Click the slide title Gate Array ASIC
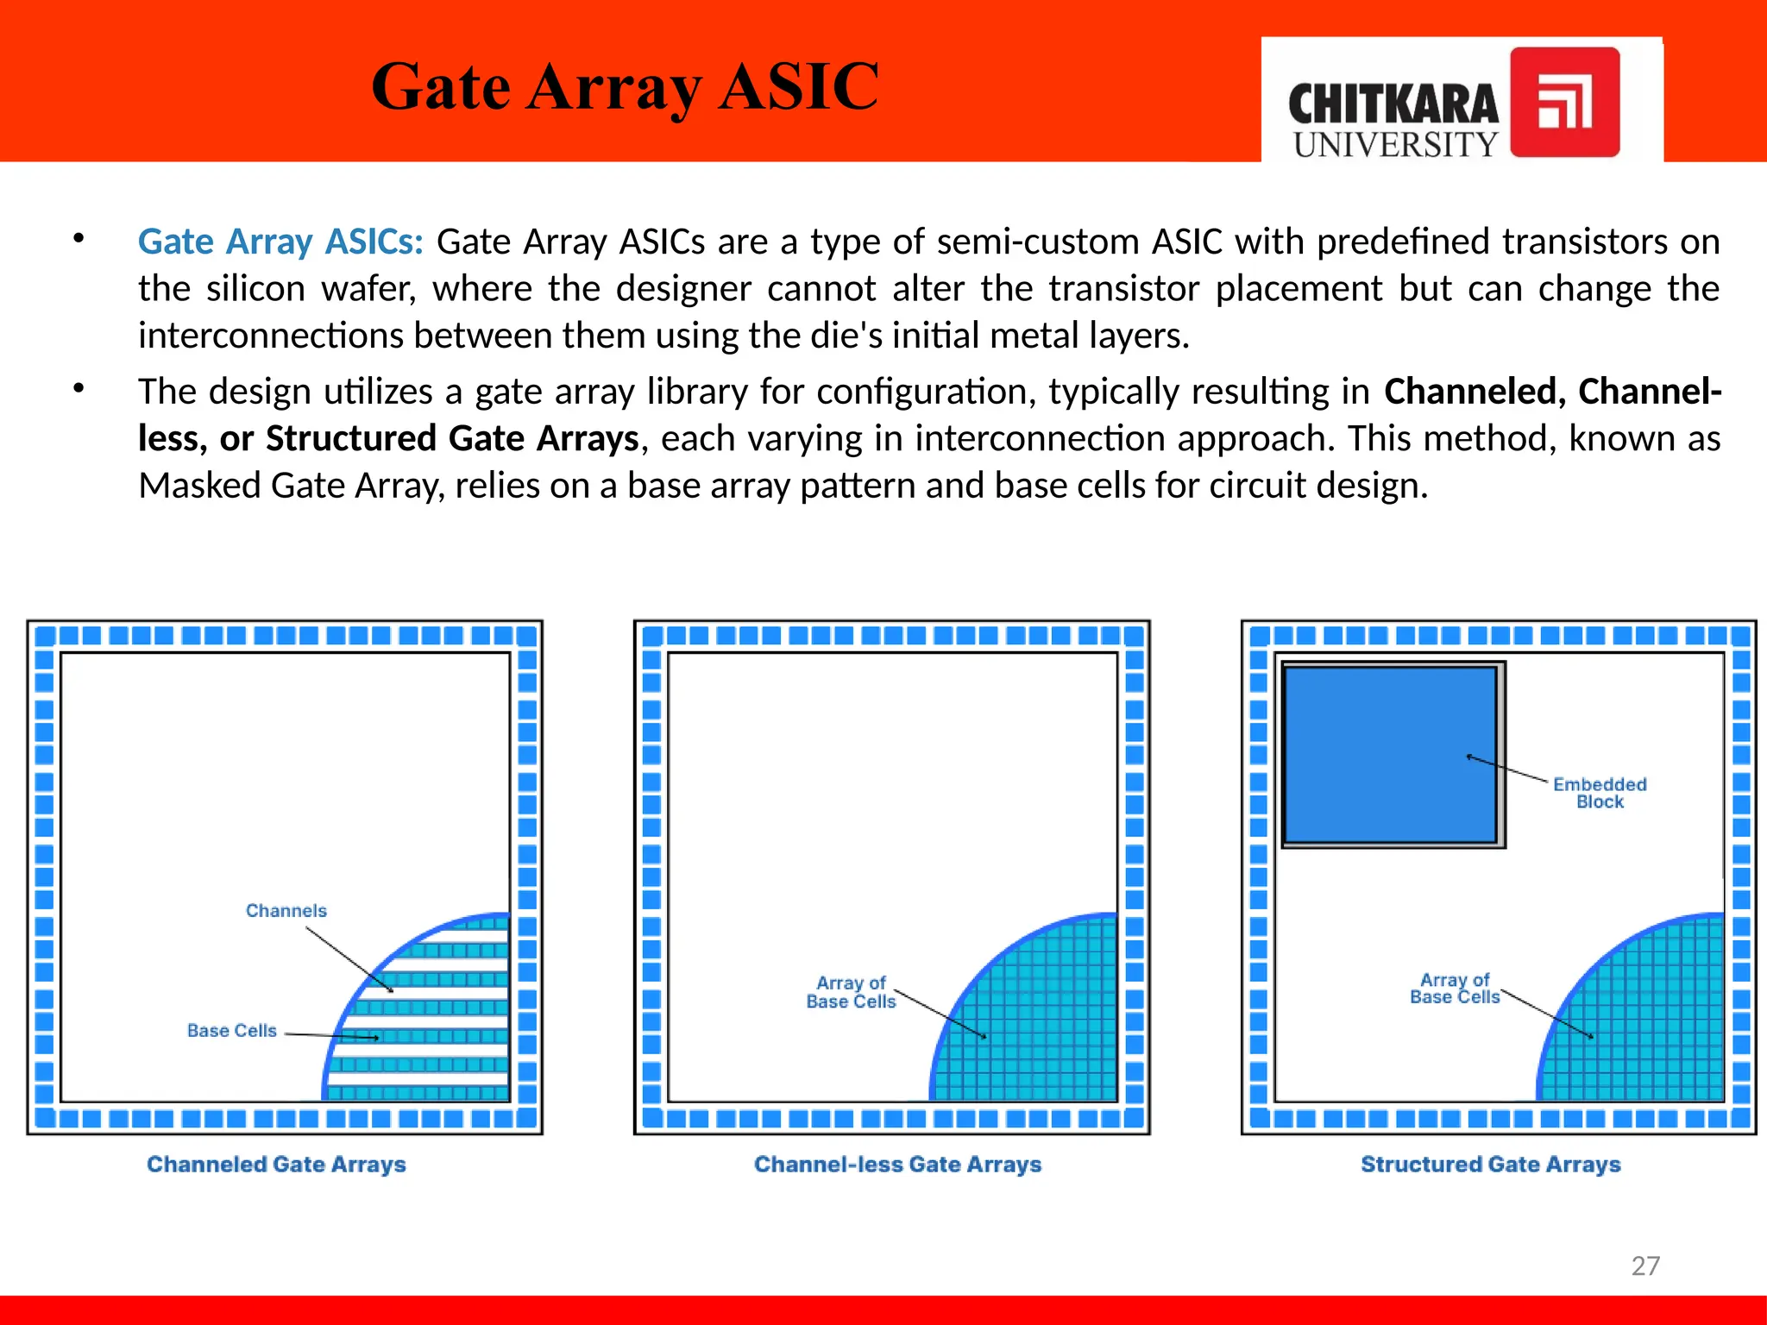pyautogui.click(x=625, y=87)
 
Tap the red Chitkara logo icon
pyautogui.click(x=1564, y=102)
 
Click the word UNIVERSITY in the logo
pyautogui.click(x=1395, y=145)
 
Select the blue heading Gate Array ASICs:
pyautogui.click(x=280, y=242)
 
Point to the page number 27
pyautogui.click(x=1645, y=1265)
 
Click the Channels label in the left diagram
pyautogui.click(x=286, y=911)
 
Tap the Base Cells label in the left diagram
pyautogui.click(x=232, y=1031)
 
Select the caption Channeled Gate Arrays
pyautogui.click(x=276, y=1165)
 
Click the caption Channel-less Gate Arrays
pyautogui.click(x=897, y=1165)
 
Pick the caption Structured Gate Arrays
pyautogui.click(x=1490, y=1165)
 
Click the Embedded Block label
pyautogui.click(x=1600, y=793)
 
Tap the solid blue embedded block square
pyautogui.click(x=1390, y=754)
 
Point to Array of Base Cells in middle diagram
pyautogui.click(x=851, y=992)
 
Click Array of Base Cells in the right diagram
pyautogui.click(x=1455, y=989)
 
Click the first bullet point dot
pyautogui.click(x=79, y=238)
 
